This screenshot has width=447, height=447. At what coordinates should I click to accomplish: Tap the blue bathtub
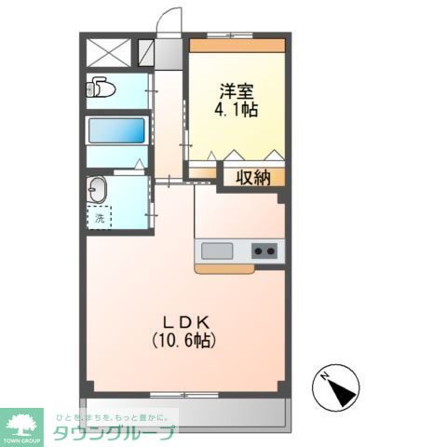coord(116,130)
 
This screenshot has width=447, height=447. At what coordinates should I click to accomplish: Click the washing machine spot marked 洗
coord(99,219)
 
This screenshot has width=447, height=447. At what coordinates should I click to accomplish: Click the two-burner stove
coord(264,251)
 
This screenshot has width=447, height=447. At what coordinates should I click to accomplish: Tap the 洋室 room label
coord(237,91)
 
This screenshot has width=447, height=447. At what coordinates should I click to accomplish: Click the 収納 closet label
coord(251,177)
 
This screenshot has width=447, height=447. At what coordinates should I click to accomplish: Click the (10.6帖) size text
coord(184,340)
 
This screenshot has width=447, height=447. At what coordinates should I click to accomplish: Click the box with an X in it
coord(110,51)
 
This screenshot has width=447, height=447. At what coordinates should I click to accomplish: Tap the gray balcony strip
coord(186,411)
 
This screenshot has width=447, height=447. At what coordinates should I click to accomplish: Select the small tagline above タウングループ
coord(112,417)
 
